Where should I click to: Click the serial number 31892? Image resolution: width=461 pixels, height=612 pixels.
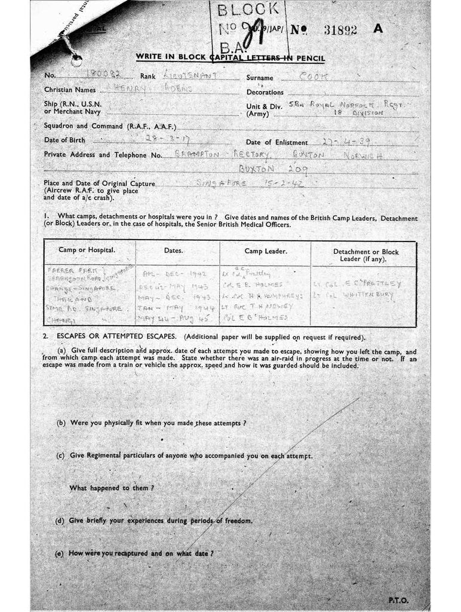pyautogui.click(x=340, y=30)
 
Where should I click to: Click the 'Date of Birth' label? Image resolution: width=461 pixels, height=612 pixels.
pyautogui.click(x=64, y=140)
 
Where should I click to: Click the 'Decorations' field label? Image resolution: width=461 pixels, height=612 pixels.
pyautogui.click(x=265, y=93)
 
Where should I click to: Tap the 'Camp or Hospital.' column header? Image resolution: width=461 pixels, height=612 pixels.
pyautogui.click(x=87, y=250)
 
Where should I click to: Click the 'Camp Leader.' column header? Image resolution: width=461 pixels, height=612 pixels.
pyautogui.click(x=266, y=251)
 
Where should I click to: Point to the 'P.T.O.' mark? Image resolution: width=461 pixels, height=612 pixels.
pyautogui.click(x=398, y=599)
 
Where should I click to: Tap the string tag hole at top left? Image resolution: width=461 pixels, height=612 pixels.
pyautogui.click(x=76, y=60)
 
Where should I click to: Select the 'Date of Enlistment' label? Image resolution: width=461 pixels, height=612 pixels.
pyautogui.click(x=277, y=142)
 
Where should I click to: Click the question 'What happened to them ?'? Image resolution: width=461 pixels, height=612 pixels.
pyautogui.click(x=112, y=488)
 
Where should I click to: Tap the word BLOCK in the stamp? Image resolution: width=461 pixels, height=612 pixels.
pyautogui.click(x=248, y=9)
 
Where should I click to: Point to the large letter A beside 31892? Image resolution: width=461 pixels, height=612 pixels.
pyautogui.click(x=377, y=29)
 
